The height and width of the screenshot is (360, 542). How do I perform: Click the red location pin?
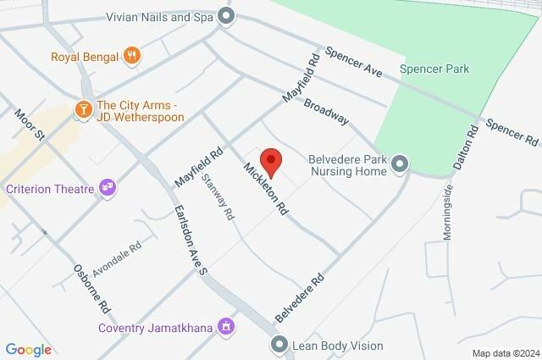pos(269,160)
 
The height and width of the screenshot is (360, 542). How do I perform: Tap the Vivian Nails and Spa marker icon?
pos(225,15)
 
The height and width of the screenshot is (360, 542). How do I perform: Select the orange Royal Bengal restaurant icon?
pos(131,57)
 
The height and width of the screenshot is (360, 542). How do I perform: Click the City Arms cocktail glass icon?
pos(83,108)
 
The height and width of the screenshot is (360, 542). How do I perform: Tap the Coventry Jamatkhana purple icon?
pos(225,326)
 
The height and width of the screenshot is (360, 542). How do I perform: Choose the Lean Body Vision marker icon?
pos(280,345)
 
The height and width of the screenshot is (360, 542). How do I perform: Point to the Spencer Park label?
pos(434,69)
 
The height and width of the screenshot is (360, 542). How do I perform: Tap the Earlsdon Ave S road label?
pos(190,241)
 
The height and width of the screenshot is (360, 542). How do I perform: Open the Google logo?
pos(28,349)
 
